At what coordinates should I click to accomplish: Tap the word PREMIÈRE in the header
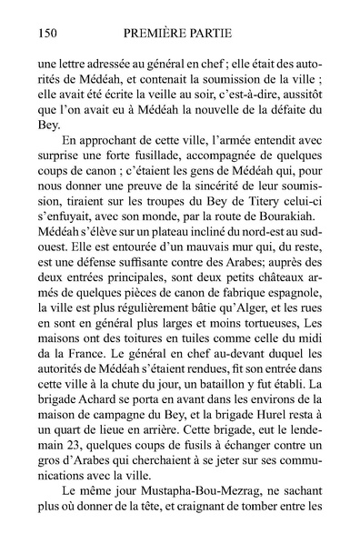pyautogui.click(x=156, y=34)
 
